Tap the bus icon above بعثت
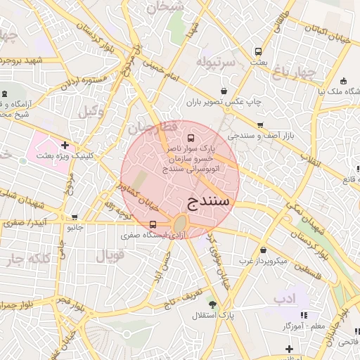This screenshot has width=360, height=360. click(x=258, y=52)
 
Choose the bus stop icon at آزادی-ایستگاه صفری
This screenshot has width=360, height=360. click(x=153, y=224)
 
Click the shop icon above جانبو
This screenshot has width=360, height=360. click(x=75, y=217)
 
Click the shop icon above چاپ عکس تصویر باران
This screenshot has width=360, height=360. click(x=224, y=91)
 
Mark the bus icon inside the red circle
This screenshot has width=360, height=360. click(x=191, y=138)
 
